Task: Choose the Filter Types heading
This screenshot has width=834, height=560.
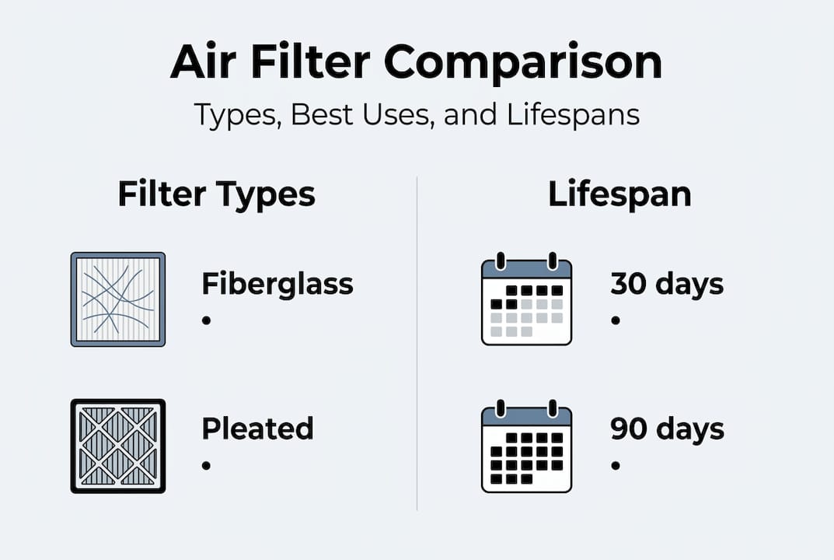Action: tap(216, 194)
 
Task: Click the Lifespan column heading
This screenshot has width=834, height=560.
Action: tap(619, 194)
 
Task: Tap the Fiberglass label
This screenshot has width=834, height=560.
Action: tap(277, 285)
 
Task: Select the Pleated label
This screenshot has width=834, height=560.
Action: tap(257, 429)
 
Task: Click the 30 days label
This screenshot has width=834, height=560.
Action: tap(667, 285)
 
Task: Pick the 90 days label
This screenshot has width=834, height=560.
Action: tap(667, 429)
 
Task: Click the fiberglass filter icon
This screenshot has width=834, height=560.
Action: tap(118, 299)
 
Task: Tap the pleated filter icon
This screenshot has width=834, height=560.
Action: tap(118, 446)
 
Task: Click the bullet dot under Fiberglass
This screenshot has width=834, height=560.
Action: tap(207, 320)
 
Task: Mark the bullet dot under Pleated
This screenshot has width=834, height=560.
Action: tap(207, 465)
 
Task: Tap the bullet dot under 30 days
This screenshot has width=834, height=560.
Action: tap(616, 320)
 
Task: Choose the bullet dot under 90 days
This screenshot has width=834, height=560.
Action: tap(616, 465)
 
